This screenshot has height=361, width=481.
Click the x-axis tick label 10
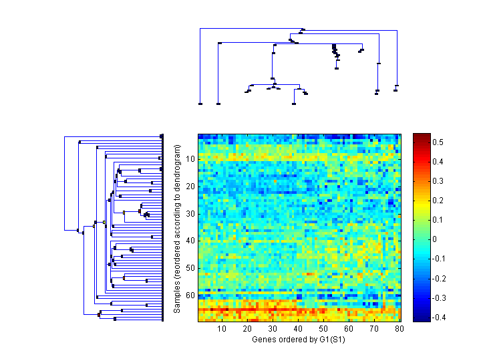coord(222,329)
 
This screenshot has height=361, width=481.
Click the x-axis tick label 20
coord(248,329)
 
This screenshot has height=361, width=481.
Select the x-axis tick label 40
coord(299,329)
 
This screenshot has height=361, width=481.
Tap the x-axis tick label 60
coord(349,329)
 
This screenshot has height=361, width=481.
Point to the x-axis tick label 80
coord(399,329)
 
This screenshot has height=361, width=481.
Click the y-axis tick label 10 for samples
coord(190,159)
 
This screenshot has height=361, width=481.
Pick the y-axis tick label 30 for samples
coord(190,213)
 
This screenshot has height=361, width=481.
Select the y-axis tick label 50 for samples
coord(190,267)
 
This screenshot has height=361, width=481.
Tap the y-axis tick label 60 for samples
coord(190,295)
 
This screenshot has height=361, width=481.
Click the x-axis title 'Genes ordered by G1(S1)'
coord(299,340)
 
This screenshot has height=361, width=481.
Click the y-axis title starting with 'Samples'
coord(177,228)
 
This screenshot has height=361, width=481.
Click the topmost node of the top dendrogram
coord(303,29)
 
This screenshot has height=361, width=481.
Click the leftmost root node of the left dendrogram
coord(65,229)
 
